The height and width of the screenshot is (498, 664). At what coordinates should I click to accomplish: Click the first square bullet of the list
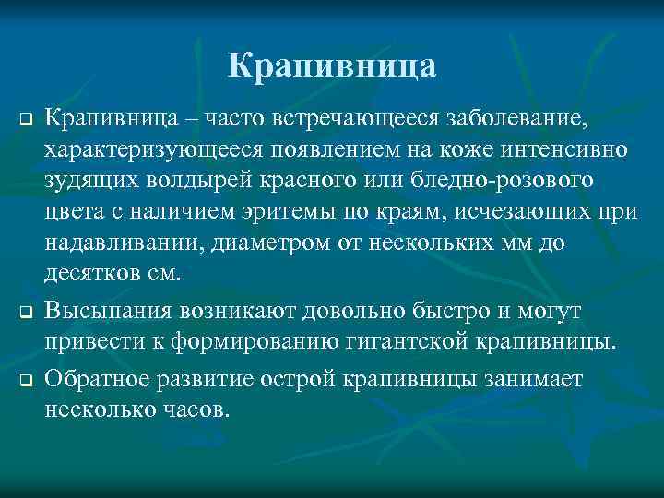point(27,121)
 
